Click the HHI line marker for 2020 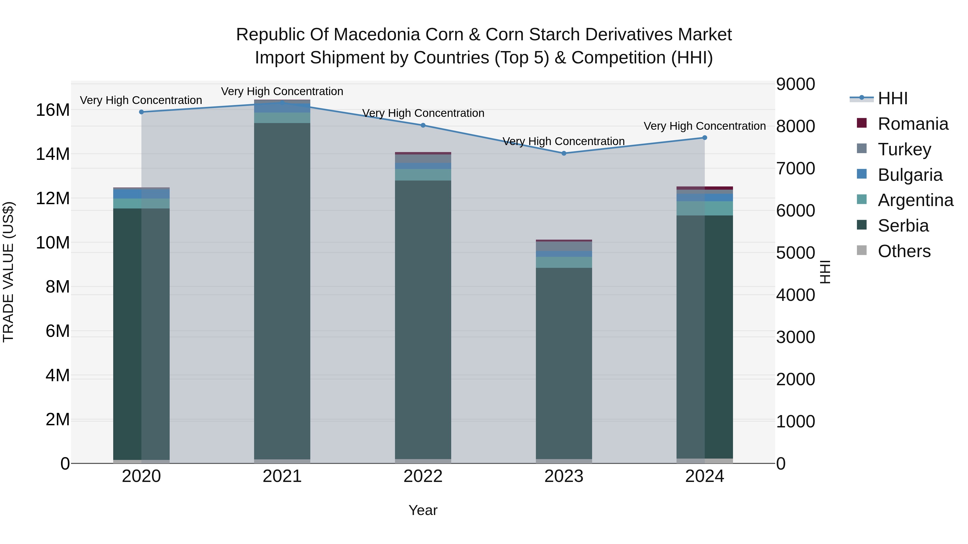coord(141,112)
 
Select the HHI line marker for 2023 coord(564,153)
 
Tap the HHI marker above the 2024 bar coord(704,138)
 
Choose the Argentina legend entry coord(915,200)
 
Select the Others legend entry coord(904,251)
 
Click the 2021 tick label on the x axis coord(282,476)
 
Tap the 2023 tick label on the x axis coord(564,476)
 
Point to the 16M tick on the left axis coord(53,110)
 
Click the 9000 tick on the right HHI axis coord(796,84)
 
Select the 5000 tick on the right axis coord(796,253)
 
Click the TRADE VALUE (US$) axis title coord(8,272)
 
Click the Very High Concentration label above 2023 coord(563,142)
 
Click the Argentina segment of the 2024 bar coord(704,208)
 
